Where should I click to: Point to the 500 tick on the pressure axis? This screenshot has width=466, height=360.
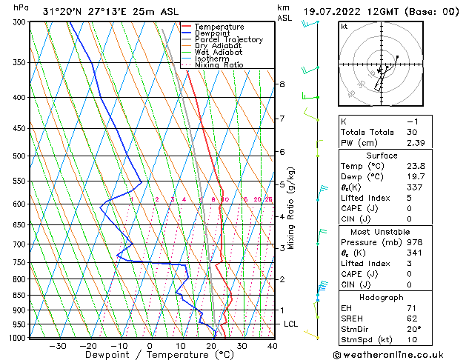pyautogui.click(x=18, y=156)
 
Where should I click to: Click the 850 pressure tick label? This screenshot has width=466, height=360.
pyautogui.click(x=18, y=296)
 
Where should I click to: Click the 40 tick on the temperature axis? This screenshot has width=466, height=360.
pyautogui.click(x=273, y=346)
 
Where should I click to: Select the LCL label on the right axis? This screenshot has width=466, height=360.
pyautogui.click(x=291, y=324)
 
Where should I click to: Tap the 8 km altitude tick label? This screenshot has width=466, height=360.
pyautogui.click(x=282, y=84)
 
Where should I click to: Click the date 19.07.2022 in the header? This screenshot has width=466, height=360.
pyautogui.click(x=329, y=12)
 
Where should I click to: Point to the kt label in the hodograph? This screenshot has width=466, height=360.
pyautogui.click(x=344, y=27)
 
